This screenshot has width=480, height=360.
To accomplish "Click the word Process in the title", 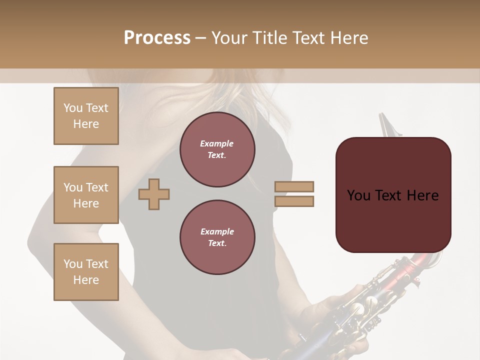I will (157, 38).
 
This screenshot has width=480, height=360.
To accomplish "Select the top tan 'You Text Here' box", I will (86, 116).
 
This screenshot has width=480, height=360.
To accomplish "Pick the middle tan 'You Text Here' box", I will (86, 195).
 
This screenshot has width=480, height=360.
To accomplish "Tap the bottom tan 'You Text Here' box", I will (86, 271).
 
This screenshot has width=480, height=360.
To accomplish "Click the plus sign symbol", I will (154, 194).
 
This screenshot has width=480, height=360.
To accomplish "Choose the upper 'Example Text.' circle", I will (217, 149).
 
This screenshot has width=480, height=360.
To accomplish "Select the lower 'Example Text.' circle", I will (217, 237).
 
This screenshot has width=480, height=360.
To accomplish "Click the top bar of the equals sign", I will (294, 187).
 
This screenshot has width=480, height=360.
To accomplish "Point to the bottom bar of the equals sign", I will (294, 201).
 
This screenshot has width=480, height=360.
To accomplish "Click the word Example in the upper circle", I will (216, 143).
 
